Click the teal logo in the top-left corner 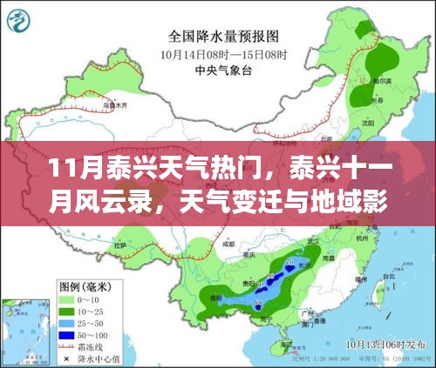[x=19, y=17]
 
